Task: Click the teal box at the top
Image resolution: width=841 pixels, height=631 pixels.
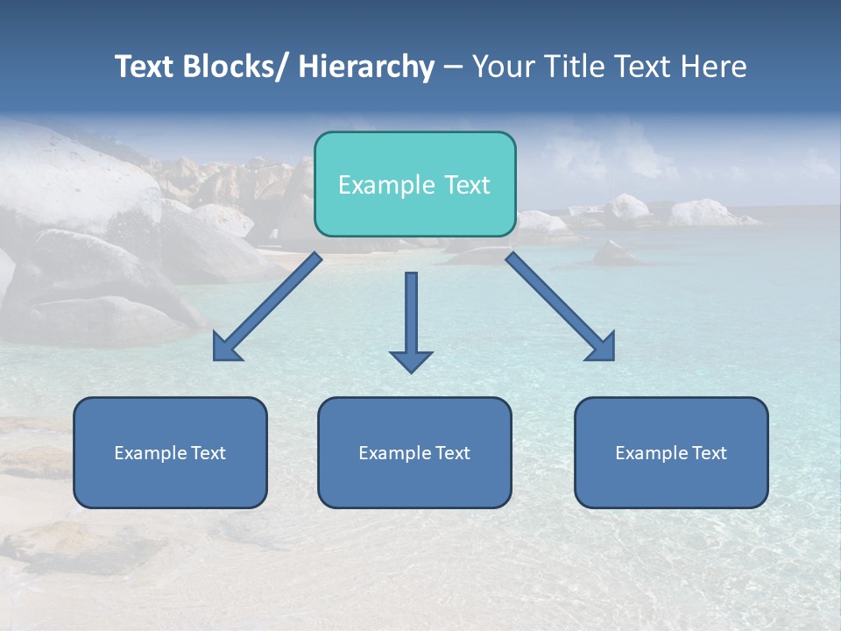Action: tap(414, 184)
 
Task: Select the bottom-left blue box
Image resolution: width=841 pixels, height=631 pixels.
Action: tap(170, 452)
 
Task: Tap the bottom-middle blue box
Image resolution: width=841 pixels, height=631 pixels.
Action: tap(414, 452)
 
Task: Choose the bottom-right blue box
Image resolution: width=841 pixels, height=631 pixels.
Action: tap(671, 452)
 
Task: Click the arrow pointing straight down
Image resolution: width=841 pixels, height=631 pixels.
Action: tap(411, 320)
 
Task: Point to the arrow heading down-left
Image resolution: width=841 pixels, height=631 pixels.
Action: tap(267, 307)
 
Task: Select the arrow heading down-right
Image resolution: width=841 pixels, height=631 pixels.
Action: tap(561, 307)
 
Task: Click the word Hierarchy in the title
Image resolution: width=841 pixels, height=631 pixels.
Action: tap(366, 67)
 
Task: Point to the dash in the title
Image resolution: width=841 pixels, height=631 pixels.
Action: tap(453, 67)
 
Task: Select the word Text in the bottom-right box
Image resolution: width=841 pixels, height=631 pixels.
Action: tap(710, 453)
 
